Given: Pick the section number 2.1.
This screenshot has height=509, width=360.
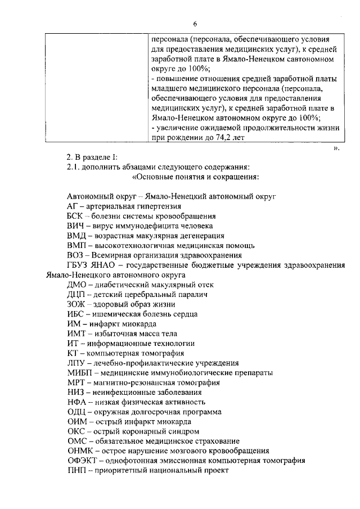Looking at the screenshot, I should coord(73,167).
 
